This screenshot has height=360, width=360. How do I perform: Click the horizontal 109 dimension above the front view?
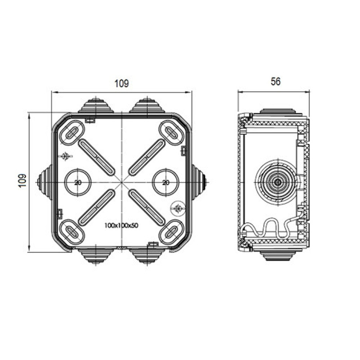(x=121, y=83)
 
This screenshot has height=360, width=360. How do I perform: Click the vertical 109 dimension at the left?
(x=22, y=181)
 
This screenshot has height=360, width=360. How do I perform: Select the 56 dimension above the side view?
(x=275, y=81)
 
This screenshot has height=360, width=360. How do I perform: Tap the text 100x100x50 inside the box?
(x=121, y=225)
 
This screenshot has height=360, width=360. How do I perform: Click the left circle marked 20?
(x=78, y=182)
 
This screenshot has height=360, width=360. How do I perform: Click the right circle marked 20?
(x=166, y=182)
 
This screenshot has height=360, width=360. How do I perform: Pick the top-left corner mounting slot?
(x=72, y=132)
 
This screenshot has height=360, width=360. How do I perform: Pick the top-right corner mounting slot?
(x=171, y=132)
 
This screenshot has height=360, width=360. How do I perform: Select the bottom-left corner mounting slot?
(x=72, y=232)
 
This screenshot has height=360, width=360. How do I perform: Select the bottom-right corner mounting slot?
(x=171, y=232)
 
